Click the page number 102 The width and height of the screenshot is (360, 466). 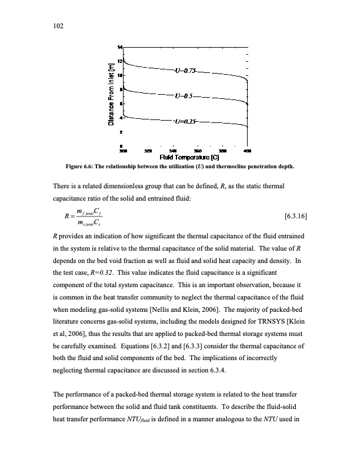[x=58, y=26]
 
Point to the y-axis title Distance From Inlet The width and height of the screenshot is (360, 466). [x=110, y=95]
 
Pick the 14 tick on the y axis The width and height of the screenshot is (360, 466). [x=120, y=47]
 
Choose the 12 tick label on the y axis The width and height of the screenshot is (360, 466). [x=120, y=61]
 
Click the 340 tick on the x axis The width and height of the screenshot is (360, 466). [x=172, y=151]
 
